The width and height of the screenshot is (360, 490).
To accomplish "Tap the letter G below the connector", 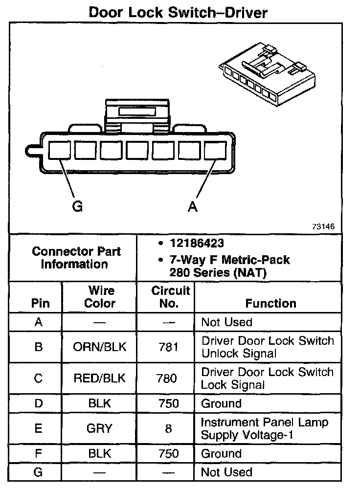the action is coord(77,207).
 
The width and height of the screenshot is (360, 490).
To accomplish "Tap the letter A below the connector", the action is coord(193,207).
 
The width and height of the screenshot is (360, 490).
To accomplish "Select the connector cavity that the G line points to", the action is coord(60,150).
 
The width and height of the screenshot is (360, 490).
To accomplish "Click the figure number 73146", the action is coord(323,227).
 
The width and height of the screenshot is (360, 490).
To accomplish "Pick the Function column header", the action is coord(270,303).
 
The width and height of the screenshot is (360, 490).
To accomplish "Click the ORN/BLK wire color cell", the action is coord(99,347).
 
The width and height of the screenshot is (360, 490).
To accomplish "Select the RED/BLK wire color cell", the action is coord(99,379).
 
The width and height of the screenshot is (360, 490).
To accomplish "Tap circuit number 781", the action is coord(168,347).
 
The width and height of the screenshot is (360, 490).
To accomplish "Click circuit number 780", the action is coord(168,379).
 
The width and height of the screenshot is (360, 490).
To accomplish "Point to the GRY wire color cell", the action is coord(99,429).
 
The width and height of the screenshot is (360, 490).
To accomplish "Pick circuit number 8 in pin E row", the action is coord(168,429).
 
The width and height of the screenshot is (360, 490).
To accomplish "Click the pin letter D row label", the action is coord(39,404).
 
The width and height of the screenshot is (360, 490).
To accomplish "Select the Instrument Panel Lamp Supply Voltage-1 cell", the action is coord(264,428).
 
